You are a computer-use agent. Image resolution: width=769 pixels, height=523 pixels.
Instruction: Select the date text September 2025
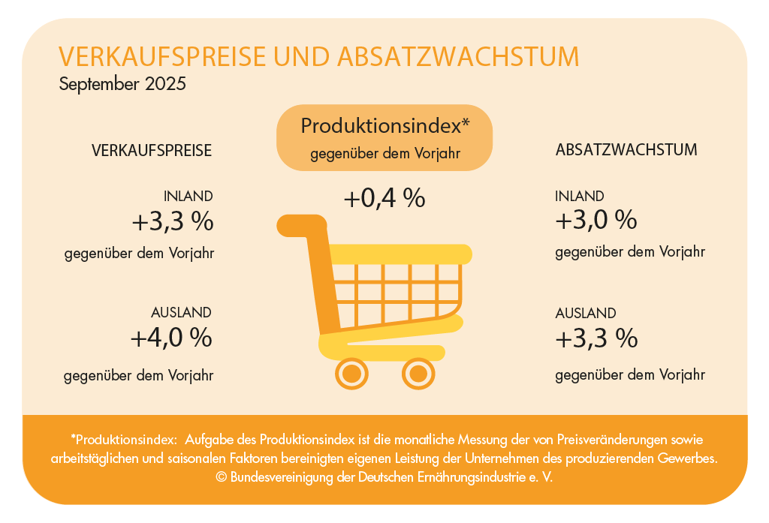point(122,83)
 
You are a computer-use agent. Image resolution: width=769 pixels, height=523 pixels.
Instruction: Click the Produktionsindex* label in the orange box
point(384,126)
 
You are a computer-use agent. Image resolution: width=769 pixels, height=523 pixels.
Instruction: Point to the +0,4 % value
point(384,198)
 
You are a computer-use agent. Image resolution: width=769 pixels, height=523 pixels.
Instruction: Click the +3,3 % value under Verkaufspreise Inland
point(172,222)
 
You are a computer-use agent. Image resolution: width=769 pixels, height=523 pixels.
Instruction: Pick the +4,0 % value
point(171,338)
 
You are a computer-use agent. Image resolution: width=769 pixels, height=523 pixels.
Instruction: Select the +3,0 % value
point(596,220)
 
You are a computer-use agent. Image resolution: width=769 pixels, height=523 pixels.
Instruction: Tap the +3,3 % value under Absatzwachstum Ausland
point(596,339)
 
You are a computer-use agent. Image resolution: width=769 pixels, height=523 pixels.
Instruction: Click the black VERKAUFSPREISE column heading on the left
point(152,151)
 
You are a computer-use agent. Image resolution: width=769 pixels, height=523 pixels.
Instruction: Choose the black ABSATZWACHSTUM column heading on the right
point(626,150)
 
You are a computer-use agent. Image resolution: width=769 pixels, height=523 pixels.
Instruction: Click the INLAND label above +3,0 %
point(580,197)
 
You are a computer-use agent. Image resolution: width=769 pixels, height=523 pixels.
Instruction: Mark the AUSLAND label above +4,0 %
point(182,312)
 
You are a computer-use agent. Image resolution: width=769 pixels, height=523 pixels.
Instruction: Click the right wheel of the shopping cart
point(418,373)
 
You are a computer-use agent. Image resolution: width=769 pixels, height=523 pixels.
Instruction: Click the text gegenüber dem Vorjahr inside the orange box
point(384,154)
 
